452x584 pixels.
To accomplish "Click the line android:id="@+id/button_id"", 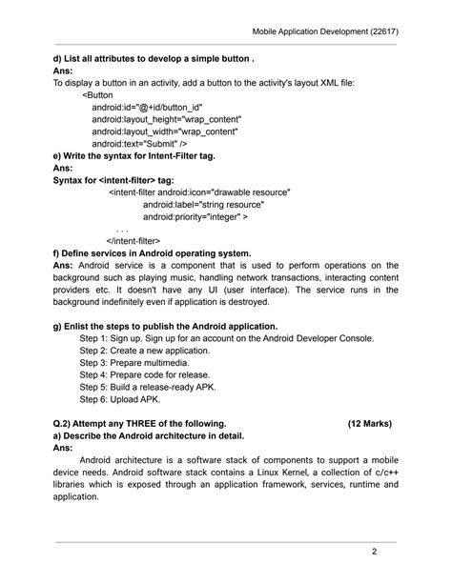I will tap(147, 109).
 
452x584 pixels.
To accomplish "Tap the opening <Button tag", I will tap(98, 96).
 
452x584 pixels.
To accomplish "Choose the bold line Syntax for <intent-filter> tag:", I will tap(127, 180).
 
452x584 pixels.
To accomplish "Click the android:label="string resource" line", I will tap(203, 205).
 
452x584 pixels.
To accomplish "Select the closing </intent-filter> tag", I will tap(133, 241).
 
